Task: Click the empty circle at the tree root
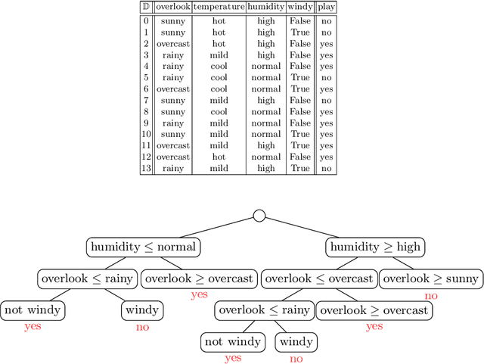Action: click(x=259, y=216)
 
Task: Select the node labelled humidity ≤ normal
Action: click(x=143, y=247)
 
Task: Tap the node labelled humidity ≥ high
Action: click(x=376, y=247)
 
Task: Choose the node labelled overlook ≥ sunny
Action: click(x=431, y=278)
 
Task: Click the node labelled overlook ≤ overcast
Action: click(x=318, y=278)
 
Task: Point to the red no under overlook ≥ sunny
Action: click(x=431, y=296)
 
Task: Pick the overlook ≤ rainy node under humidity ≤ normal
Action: click(x=87, y=278)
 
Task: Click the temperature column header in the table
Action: click(x=219, y=8)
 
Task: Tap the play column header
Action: click(x=326, y=8)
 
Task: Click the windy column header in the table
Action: click(x=300, y=8)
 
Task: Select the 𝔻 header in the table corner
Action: click(x=146, y=8)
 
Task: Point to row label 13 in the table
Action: click(x=146, y=168)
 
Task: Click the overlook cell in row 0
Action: click(x=172, y=21)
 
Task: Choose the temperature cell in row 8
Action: click(x=219, y=111)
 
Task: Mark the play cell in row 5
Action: click(x=326, y=77)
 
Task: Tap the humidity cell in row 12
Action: click(x=266, y=157)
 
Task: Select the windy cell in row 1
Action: click(x=300, y=33)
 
